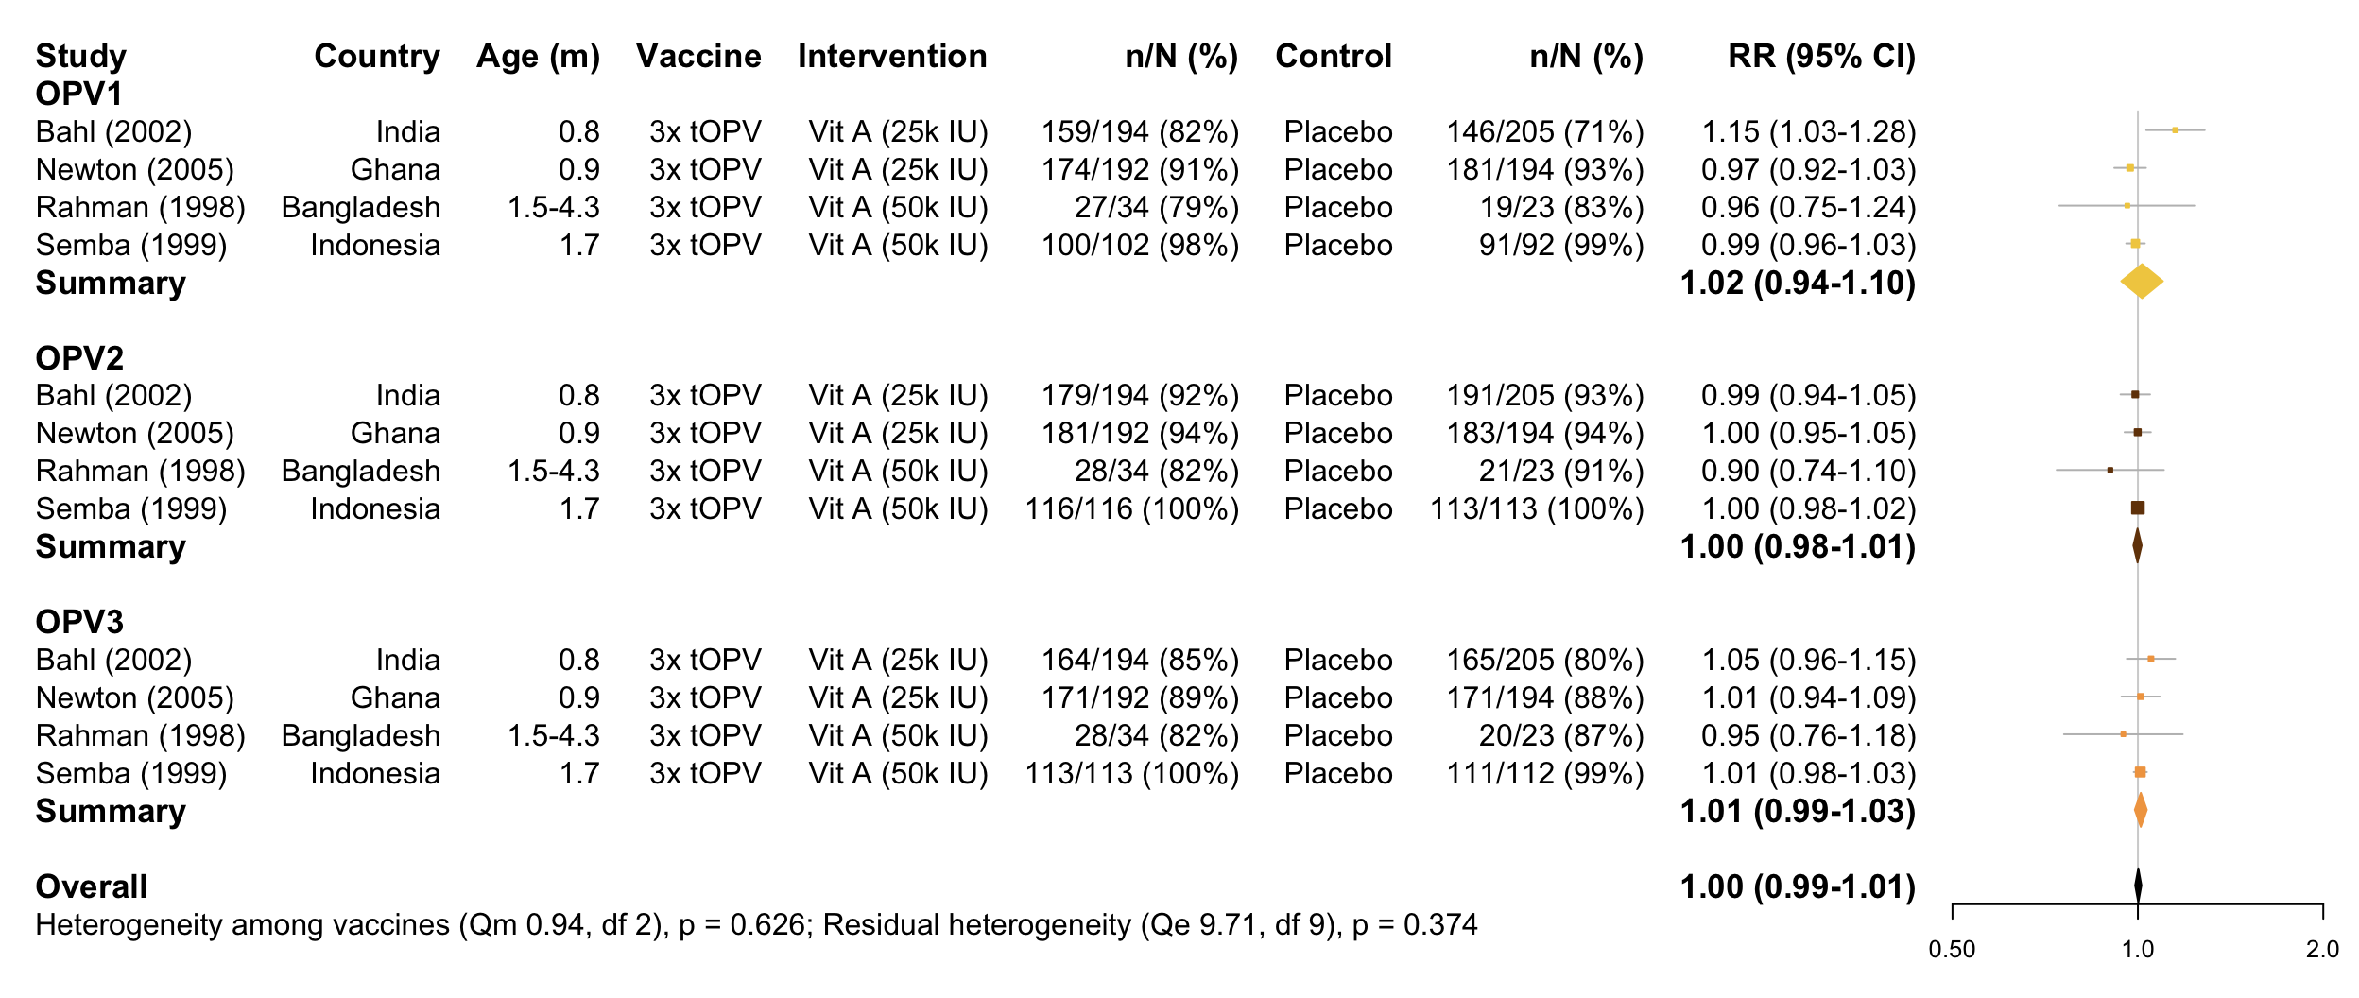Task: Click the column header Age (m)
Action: (x=538, y=57)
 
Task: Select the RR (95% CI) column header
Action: (x=1821, y=57)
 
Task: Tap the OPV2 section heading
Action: (x=79, y=358)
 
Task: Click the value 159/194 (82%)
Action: (x=1140, y=131)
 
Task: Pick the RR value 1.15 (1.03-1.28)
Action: (x=1809, y=131)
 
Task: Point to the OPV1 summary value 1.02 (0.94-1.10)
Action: (x=1798, y=283)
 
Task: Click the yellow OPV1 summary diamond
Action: (x=2141, y=282)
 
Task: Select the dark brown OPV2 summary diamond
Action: (x=2137, y=546)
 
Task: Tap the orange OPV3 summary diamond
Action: (x=2141, y=810)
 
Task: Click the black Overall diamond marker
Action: (x=2138, y=886)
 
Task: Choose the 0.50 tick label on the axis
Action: (x=1952, y=950)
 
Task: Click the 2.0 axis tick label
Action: (x=2322, y=950)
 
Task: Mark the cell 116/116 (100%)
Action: (x=1132, y=508)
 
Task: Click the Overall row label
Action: (x=92, y=886)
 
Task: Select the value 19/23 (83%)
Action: (x=1561, y=207)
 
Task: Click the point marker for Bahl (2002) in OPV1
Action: (x=2175, y=129)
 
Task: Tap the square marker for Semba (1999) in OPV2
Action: (x=2138, y=508)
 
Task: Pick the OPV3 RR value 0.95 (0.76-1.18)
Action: (x=1809, y=735)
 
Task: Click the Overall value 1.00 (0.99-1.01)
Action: (x=1798, y=886)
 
